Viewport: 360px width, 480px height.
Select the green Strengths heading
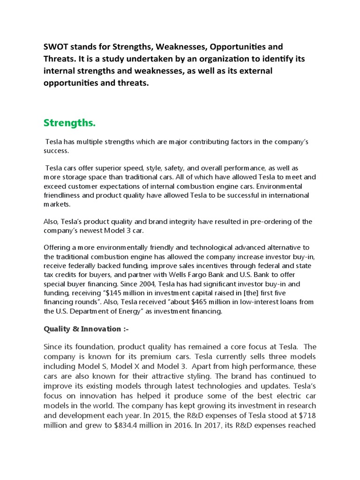pos(69,123)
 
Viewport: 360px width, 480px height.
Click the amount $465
pos(209,302)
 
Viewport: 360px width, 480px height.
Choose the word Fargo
pos(203,275)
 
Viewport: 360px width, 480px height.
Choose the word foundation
pos(91,347)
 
